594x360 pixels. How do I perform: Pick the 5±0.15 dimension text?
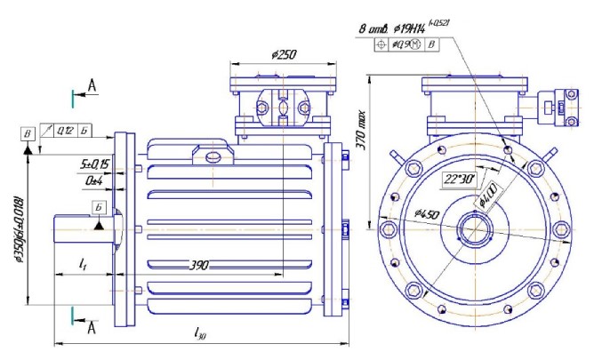tap(94, 164)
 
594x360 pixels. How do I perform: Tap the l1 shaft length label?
tap(82, 265)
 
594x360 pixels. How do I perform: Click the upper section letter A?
tap(92, 84)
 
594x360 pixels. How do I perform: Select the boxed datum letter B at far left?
tap(28, 133)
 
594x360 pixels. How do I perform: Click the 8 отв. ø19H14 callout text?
tap(418, 29)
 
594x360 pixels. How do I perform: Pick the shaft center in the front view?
tap(471, 232)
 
